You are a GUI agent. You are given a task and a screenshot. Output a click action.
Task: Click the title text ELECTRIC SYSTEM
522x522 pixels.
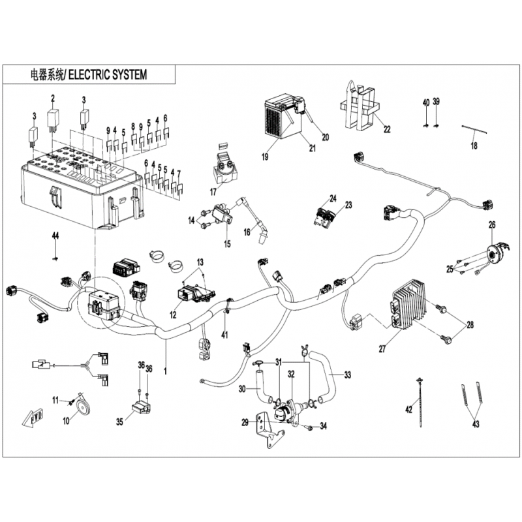(x=108, y=74)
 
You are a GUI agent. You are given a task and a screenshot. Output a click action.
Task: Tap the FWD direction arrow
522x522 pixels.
(x=34, y=417)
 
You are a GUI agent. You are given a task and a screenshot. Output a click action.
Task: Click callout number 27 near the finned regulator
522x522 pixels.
(x=382, y=348)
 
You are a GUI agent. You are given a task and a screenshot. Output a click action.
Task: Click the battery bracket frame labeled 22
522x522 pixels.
(x=359, y=106)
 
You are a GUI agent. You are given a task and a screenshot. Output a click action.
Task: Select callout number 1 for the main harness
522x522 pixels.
(x=165, y=371)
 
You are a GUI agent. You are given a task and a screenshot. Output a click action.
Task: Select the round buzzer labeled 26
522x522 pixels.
(x=497, y=254)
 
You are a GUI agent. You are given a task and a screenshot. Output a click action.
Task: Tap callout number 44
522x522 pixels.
(x=55, y=236)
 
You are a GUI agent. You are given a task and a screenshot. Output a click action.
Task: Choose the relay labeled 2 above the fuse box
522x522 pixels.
(x=53, y=119)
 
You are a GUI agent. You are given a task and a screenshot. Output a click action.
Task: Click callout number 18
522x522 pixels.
(x=474, y=146)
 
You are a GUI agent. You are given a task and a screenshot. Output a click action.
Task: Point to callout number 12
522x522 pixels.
(x=173, y=315)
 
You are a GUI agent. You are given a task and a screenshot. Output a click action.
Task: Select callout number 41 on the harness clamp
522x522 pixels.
(x=224, y=335)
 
